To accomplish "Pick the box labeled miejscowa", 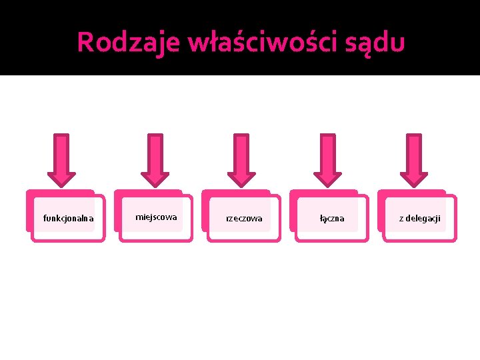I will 156,217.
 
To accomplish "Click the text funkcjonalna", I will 68,218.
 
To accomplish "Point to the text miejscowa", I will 156,217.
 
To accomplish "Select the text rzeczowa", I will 244,218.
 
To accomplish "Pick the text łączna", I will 332,218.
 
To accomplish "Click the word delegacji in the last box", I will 423,218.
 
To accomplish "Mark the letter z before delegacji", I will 401,219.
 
